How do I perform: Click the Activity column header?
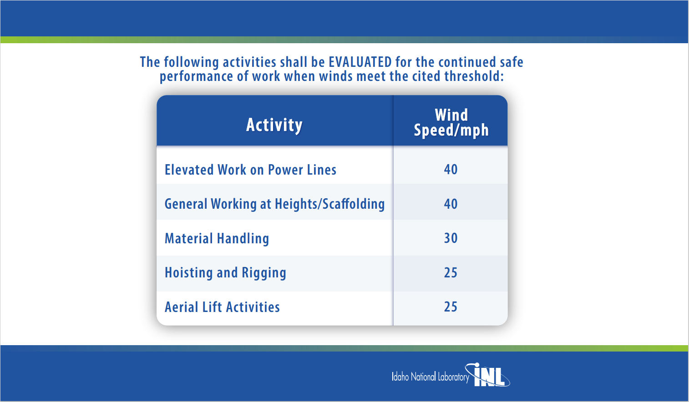274,125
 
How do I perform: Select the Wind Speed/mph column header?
451,123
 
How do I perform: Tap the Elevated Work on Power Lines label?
250,170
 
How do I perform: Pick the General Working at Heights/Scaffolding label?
275,204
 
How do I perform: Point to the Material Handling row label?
217,238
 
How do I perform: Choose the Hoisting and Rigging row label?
225,273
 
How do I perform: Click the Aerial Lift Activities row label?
222,307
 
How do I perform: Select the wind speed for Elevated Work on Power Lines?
451,169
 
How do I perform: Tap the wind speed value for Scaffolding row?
451,204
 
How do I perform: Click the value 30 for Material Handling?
451,238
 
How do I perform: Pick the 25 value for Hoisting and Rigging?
451,272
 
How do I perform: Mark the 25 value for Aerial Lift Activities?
451,307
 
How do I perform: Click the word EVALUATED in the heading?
360,62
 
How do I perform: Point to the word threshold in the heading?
474,76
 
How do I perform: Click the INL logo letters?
489,375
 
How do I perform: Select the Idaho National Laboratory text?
431,377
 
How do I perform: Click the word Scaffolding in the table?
354,203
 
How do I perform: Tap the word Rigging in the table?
264,273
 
